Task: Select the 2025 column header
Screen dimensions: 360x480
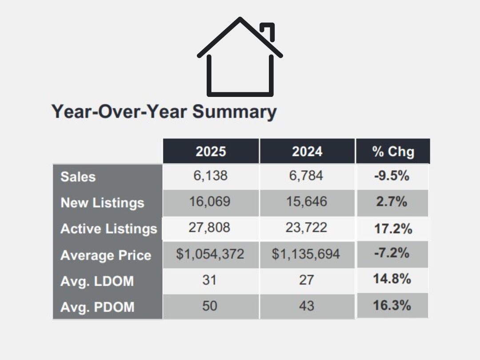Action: [x=211, y=152]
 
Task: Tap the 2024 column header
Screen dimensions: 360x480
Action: [x=307, y=152]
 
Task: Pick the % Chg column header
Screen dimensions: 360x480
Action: [x=393, y=152]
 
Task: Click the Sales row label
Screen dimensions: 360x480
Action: [x=78, y=177]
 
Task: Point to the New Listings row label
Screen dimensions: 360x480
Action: [x=102, y=203]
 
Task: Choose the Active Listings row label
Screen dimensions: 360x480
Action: [x=109, y=229]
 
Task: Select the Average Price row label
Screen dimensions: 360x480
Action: [x=106, y=256]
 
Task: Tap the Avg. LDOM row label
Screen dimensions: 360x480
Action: [x=97, y=281]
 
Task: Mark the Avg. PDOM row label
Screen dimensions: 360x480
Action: [x=97, y=307]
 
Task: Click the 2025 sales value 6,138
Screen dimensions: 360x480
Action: [x=211, y=176]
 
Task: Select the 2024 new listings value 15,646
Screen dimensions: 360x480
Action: [x=307, y=202]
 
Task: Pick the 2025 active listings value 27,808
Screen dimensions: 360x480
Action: [x=211, y=228]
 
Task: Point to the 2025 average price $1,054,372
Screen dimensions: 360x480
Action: [x=210, y=254]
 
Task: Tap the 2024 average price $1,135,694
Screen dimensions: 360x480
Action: [x=306, y=254]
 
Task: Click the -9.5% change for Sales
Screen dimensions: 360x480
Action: [x=392, y=176]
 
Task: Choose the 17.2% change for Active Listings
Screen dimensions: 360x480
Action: [x=393, y=229]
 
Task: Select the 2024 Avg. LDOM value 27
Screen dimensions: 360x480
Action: [x=306, y=280]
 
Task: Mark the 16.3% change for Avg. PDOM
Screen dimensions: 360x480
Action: [x=392, y=306]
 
